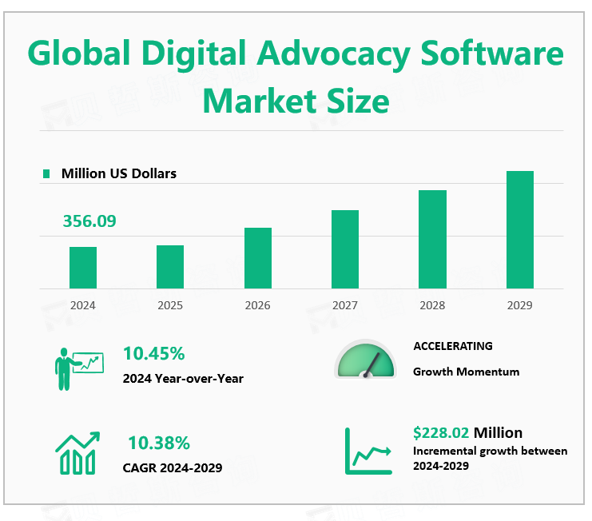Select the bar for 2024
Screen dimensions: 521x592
pyautogui.click(x=83, y=268)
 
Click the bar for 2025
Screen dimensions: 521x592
pyautogui.click(x=170, y=267)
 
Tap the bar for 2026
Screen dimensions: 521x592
pyautogui.click(x=258, y=258)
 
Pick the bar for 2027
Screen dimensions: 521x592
pyautogui.click(x=345, y=249)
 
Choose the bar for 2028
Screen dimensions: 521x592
pyautogui.click(x=432, y=239)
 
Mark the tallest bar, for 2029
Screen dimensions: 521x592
pyautogui.click(x=519, y=229)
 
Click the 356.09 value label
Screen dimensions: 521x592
pyautogui.click(x=89, y=221)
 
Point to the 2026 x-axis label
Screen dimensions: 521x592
pyautogui.click(x=258, y=305)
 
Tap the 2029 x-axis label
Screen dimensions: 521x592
pyautogui.click(x=519, y=305)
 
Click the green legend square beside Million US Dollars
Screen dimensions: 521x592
pyautogui.click(x=46, y=173)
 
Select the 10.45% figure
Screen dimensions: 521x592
pyautogui.click(x=154, y=353)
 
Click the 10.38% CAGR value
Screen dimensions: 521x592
pyautogui.click(x=159, y=442)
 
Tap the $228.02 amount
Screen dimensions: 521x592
pyautogui.click(x=441, y=433)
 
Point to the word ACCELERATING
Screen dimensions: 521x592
pyautogui.click(x=453, y=346)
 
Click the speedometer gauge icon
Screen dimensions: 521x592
pyautogui.click(x=365, y=360)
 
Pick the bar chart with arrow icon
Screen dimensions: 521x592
pyautogui.click(x=77, y=452)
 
